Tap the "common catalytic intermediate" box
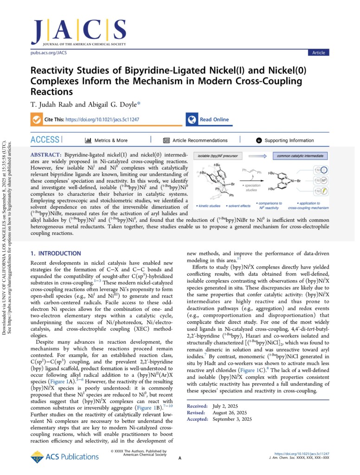click(x=300, y=156)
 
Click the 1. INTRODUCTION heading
click(x=56, y=253)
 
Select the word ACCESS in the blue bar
click(x=45, y=140)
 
